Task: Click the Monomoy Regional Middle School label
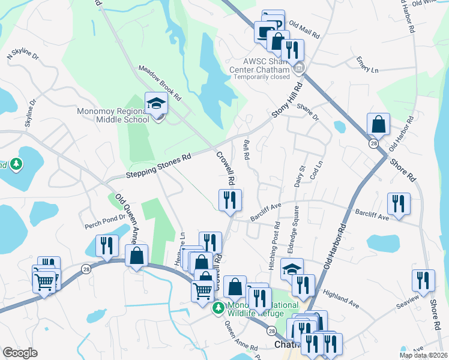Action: [x=113, y=115]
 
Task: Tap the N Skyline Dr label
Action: [x=22, y=56]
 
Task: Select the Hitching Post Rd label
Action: [x=276, y=245]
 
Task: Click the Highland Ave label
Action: [x=340, y=298]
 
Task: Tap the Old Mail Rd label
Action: [x=304, y=31]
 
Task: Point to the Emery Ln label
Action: [x=367, y=65]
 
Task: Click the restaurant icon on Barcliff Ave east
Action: [x=399, y=203]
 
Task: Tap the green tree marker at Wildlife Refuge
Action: [x=218, y=308]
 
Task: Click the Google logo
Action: [x=20, y=353]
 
